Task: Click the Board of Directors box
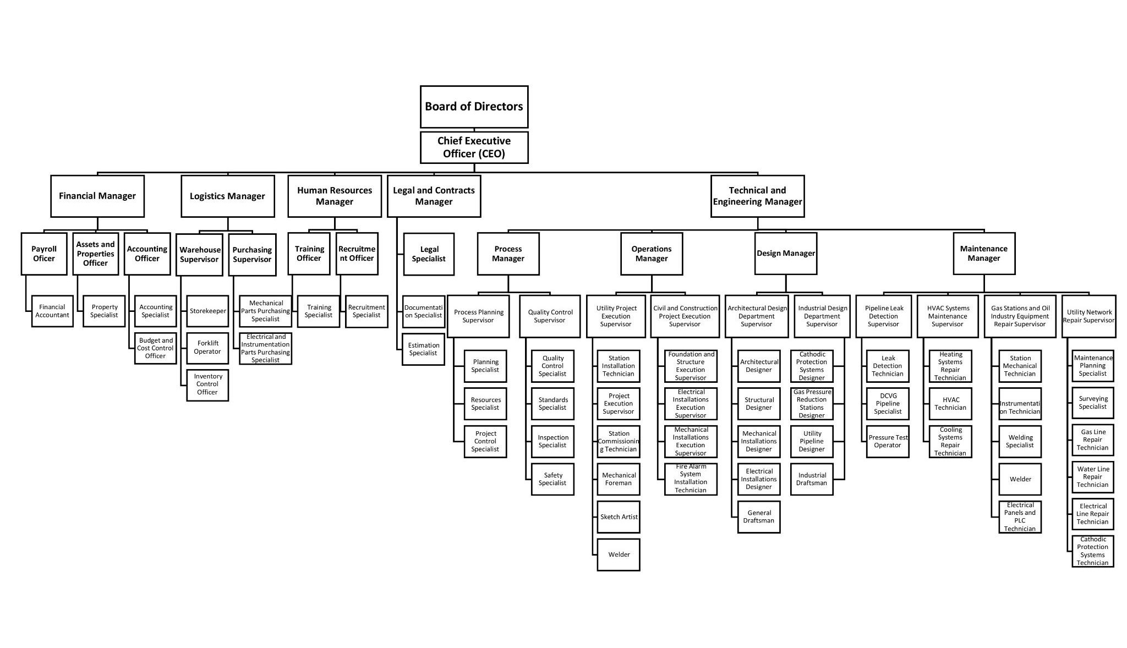tap(474, 107)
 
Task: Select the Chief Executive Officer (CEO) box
tap(474, 147)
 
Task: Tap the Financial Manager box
tap(97, 196)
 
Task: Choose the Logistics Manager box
tap(227, 196)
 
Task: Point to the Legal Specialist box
tap(429, 254)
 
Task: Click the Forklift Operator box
tap(207, 348)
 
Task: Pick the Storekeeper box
tap(207, 311)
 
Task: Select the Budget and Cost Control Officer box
tap(155, 348)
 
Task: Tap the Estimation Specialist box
tap(423, 349)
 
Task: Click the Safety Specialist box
tap(552, 479)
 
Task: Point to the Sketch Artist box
tap(619, 517)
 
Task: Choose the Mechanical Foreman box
tap(619, 479)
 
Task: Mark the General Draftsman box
tap(759, 517)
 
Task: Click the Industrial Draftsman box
tap(812, 479)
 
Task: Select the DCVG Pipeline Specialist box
tap(888, 404)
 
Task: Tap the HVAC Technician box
tap(950, 404)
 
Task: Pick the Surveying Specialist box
tap(1093, 403)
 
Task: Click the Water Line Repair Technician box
tap(1093, 477)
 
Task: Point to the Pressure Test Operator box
tap(888, 442)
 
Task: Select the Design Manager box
tap(785, 254)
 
